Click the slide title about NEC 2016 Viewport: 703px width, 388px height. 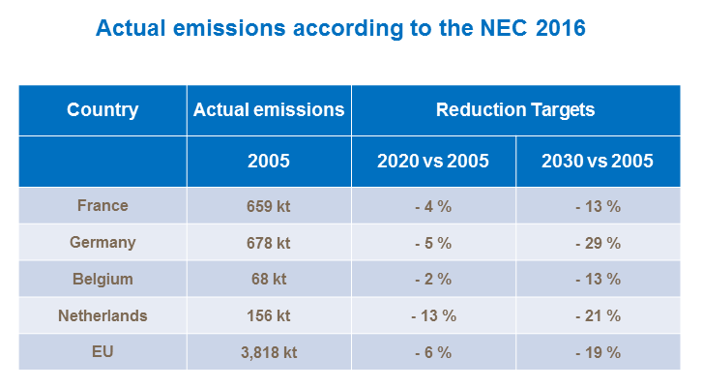point(340,28)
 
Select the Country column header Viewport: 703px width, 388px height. point(103,110)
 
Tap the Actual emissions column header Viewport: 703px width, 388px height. point(269,110)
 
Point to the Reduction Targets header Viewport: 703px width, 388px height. point(515,110)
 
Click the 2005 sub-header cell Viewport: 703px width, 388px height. point(269,161)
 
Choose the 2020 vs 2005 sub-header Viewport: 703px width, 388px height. point(432,161)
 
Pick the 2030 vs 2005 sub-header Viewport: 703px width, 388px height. point(597,161)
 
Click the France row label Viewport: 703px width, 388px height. point(103,206)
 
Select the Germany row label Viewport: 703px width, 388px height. point(103,243)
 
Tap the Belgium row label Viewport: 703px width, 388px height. point(103,279)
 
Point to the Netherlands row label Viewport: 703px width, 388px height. point(103,315)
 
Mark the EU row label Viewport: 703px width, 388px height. point(103,352)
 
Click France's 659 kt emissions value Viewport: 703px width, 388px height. point(269,206)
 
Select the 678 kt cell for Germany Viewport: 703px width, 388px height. point(269,243)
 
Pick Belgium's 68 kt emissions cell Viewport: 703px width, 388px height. point(269,279)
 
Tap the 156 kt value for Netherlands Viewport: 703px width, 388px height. point(269,315)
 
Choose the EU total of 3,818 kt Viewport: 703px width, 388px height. point(269,352)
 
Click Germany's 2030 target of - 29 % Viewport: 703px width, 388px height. point(597,243)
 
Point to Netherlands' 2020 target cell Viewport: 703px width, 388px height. point(432,315)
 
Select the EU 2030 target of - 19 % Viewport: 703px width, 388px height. point(597,352)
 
